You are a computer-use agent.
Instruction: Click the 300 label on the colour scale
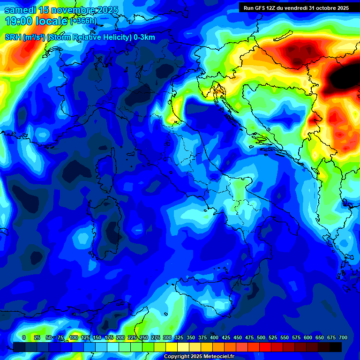(x=167, y=337)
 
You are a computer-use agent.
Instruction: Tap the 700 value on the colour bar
(x=343, y=337)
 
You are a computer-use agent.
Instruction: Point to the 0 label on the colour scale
(x=24, y=337)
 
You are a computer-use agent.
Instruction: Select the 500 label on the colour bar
(x=261, y=337)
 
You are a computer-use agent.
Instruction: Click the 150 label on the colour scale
(x=97, y=337)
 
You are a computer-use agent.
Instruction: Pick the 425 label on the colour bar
(x=226, y=337)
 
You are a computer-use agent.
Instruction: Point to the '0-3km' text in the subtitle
(x=144, y=37)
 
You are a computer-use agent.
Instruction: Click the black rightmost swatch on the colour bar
(x=336, y=347)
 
